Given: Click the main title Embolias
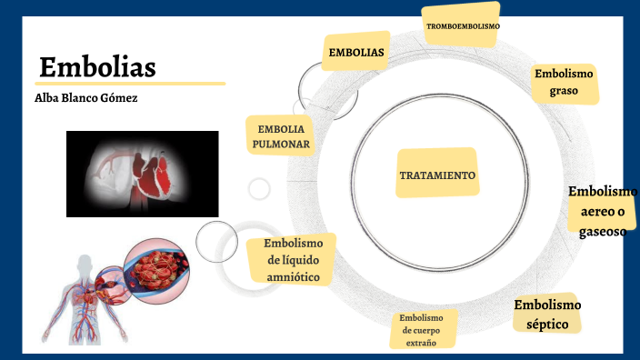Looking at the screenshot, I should (x=97, y=67).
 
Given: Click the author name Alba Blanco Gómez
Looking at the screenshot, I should (x=85, y=97).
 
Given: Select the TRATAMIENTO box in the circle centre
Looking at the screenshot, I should (x=436, y=174).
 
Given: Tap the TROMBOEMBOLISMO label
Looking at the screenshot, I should (x=463, y=26).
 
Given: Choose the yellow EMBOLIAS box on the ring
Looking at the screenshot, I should (x=356, y=52).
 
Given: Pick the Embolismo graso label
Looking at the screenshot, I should (x=564, y=83).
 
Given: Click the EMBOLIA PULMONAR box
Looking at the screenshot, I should (x=283, y=135).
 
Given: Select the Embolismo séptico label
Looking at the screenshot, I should (x=546, y=315).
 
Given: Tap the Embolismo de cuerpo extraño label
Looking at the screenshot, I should (x=425, y=330).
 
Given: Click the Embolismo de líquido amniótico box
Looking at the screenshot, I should (x=293, y=260).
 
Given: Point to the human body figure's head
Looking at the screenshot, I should (x=85, y=264).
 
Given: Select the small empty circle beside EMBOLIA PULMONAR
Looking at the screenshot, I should (x=259, y=188).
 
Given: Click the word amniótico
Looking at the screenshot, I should (x=293, y=276).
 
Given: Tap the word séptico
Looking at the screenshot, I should (x=546, y=324).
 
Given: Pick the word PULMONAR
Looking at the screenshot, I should (x=283, y=144).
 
